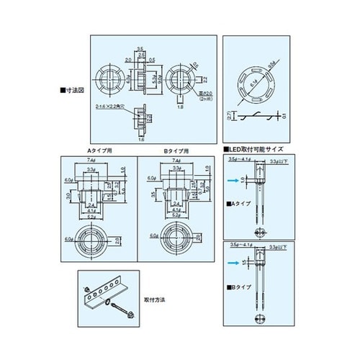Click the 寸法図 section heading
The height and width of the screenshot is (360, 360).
coord(73,91)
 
